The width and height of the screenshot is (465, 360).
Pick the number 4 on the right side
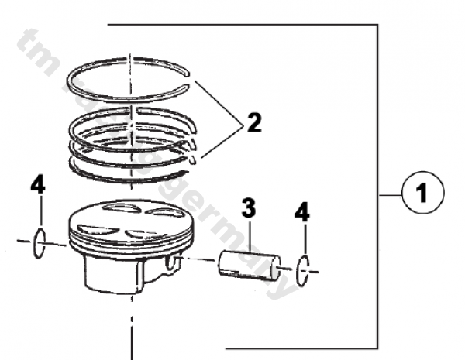click(x=305, y=211)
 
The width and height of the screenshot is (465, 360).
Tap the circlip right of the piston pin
click(x=305, y=270)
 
